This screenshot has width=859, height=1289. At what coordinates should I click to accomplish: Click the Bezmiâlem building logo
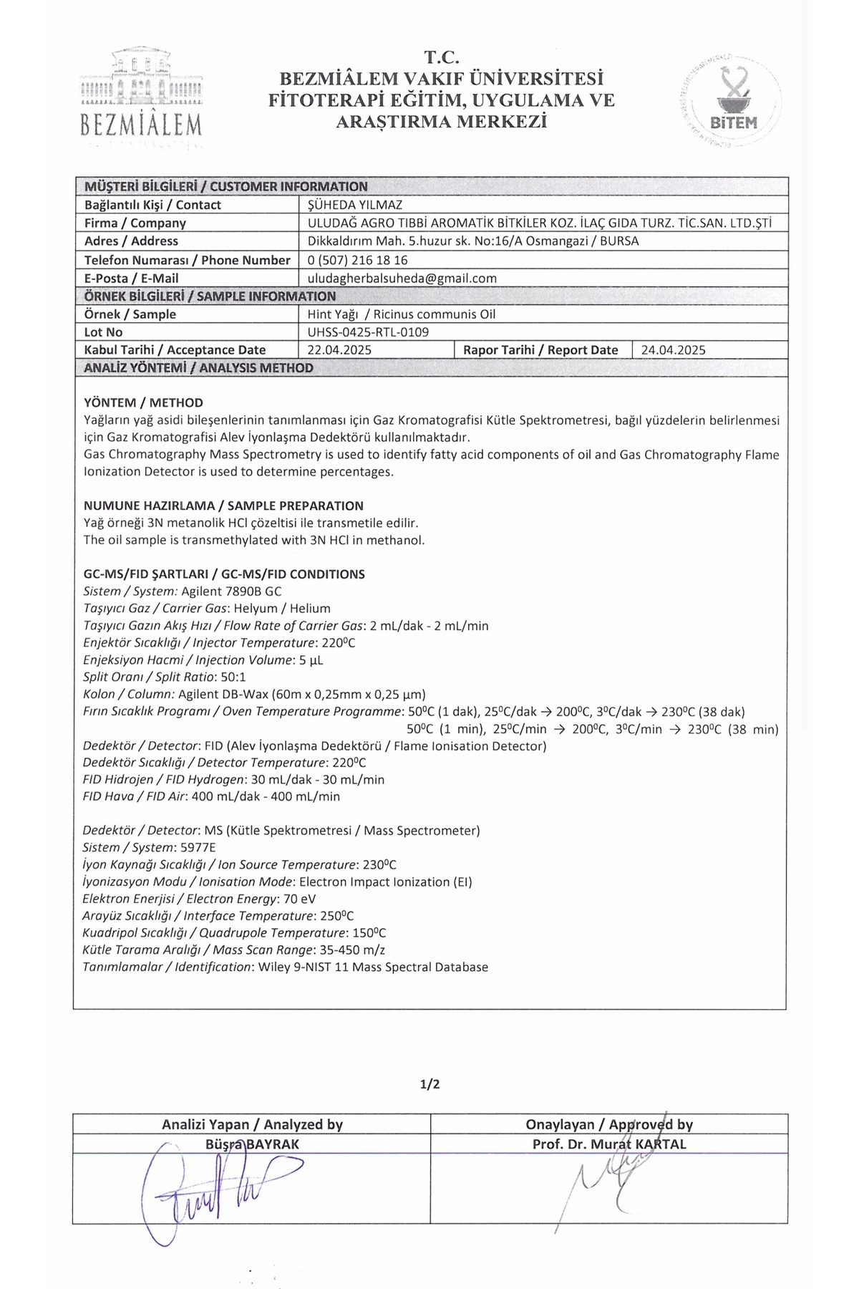[141, 93]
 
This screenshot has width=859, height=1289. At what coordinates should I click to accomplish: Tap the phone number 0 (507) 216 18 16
[358, 260]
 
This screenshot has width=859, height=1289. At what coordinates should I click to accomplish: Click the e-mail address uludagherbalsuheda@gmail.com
[402, 279]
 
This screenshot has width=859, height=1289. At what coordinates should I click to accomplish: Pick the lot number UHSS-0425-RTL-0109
[369, 332]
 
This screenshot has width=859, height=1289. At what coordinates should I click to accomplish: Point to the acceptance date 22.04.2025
[339, 350]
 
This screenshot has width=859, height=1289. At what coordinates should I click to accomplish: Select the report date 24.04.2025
[673, 350]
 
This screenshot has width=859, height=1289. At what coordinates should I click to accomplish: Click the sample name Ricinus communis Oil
[435, 314]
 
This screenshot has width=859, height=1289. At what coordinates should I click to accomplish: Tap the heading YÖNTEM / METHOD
[143, 402]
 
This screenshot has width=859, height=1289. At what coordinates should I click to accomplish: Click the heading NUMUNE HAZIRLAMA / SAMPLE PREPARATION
[223, 506]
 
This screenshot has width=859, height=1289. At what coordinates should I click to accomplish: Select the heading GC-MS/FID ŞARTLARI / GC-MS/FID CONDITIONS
[224, 574]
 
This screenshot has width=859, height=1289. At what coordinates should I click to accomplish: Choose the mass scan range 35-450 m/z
[353, 950]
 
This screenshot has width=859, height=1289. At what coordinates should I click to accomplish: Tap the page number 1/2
[429, 1083]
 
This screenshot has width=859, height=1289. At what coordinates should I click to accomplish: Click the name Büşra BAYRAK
[252, 1144]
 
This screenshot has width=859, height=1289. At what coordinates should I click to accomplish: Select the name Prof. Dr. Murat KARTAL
[608, 1144]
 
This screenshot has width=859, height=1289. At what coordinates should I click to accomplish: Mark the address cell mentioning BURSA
[473, 241]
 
